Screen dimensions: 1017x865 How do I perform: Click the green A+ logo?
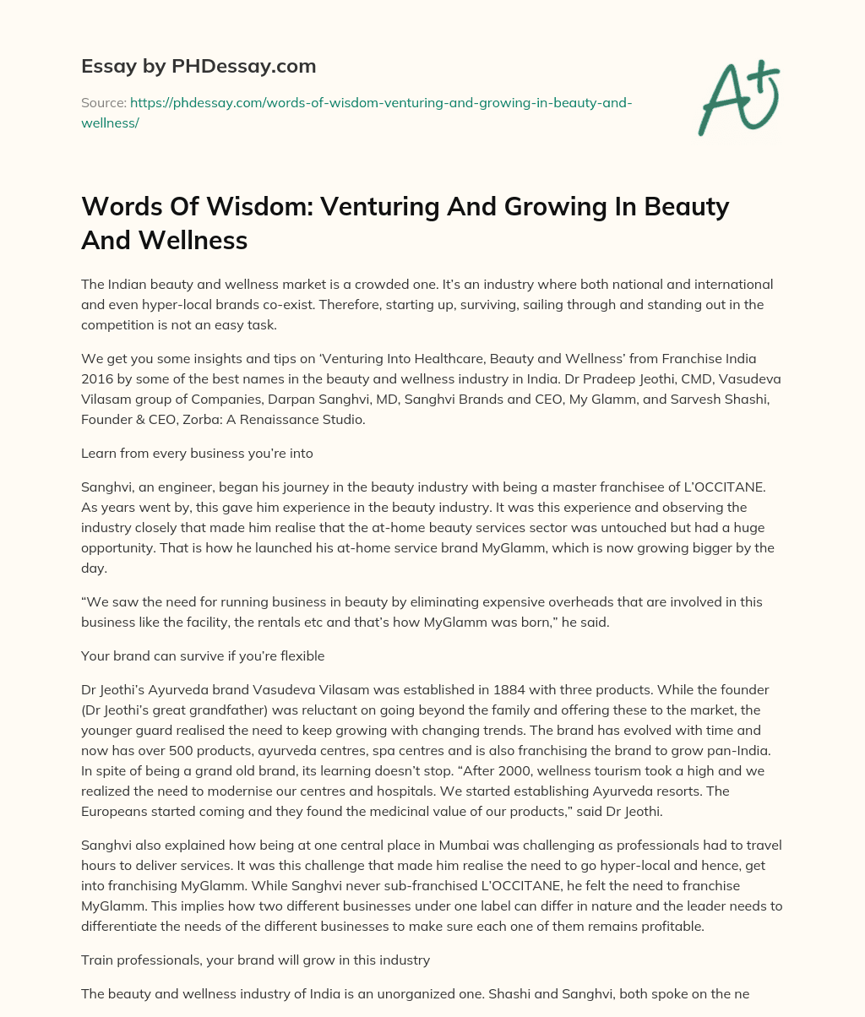pos(737,96)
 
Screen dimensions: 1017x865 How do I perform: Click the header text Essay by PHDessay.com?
pos(198,65)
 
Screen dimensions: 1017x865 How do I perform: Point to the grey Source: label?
pos(103,103)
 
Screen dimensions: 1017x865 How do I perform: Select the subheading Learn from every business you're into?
pos(197,453)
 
